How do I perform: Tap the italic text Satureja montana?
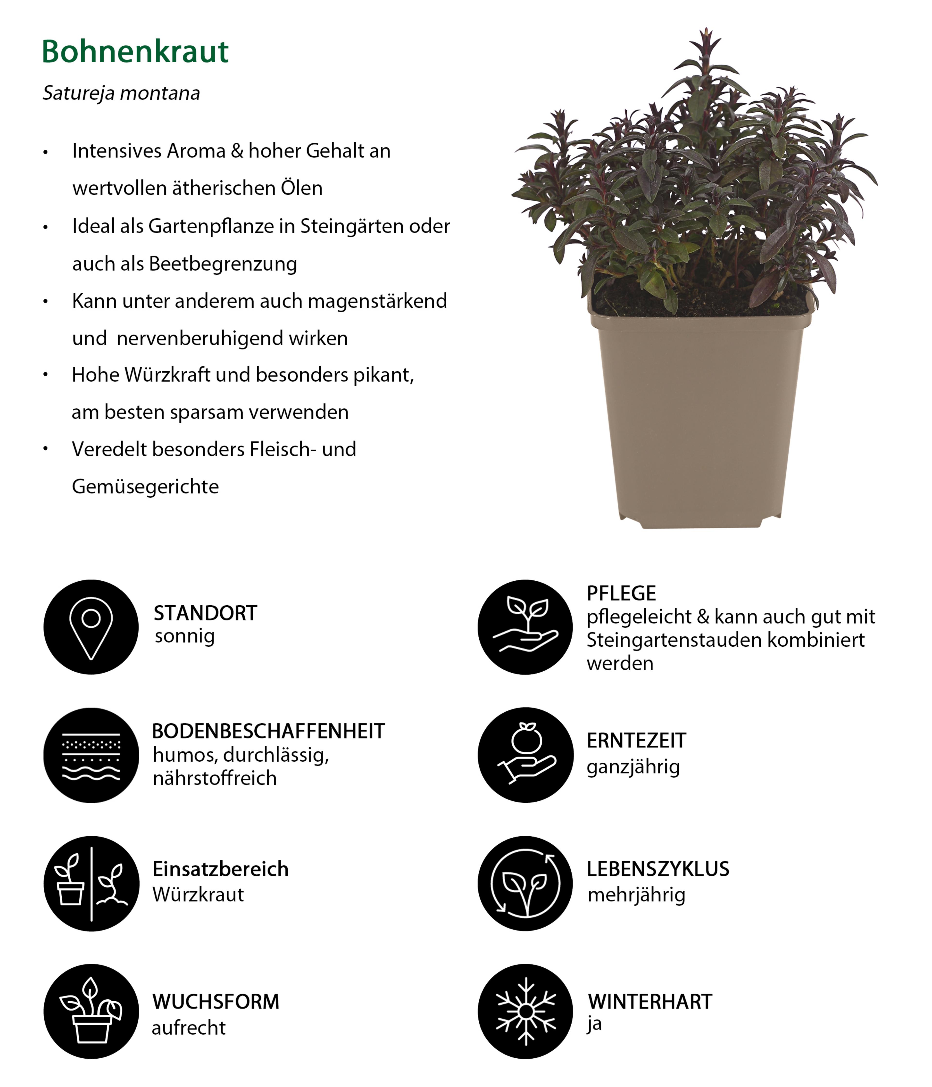pyautogui.click(x=121, y=93)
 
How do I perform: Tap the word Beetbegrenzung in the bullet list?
pyautogui.click(x=223, y=264)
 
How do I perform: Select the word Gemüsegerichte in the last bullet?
pyautogui.click(x=145, y=487)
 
